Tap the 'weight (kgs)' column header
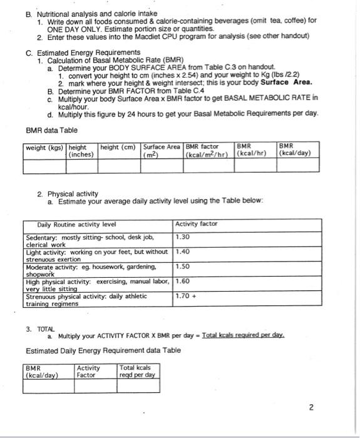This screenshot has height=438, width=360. coord(44,148)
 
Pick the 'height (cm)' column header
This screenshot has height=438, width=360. coord(120,148)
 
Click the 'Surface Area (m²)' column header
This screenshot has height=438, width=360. coord(162,151)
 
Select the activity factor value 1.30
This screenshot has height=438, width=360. coord(182,237)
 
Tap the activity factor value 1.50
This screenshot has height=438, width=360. coord(182,266)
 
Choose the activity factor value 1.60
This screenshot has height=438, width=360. coord(182,281)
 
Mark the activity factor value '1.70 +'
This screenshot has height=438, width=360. coord(185,296)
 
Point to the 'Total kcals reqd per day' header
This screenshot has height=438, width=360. coord(136,371)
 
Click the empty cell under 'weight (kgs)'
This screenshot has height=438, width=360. coord(44,165)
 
